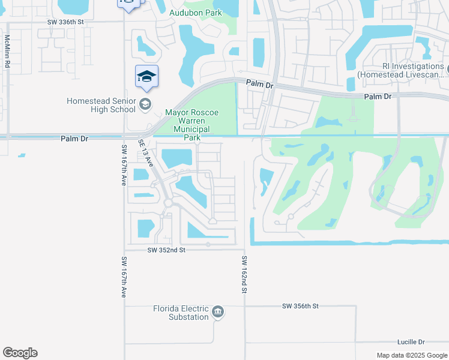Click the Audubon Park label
195,13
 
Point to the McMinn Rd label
7,51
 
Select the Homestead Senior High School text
101,105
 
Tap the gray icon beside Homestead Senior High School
145,105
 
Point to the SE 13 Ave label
146,153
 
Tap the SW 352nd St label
164,250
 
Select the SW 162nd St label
244,274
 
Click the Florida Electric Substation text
180,313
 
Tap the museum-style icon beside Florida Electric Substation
218,312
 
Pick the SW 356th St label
300,306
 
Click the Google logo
20,353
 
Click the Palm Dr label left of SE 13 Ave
75,139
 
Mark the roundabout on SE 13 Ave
168,203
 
